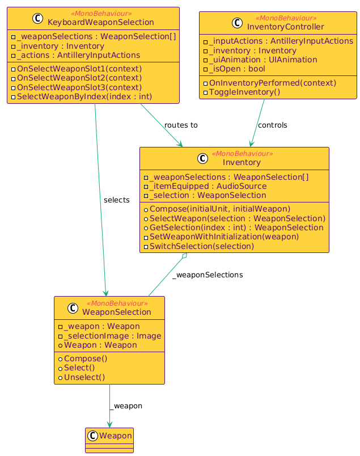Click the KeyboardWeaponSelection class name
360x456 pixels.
[x=101, y=22]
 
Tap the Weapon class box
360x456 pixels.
[x=109, y=440]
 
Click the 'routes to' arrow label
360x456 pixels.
[x=181, y=125]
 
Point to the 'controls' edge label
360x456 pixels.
[x=272, y=125]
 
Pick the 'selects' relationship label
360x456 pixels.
[x=117, y=200]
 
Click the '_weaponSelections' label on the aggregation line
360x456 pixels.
[x=207, y=275]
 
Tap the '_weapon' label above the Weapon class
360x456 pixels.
[x=126, y=406]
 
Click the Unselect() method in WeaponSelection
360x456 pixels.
[x=84, y=377]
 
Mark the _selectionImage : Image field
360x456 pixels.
[x=105, y=336]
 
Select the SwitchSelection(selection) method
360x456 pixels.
[x=202, y=247]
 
